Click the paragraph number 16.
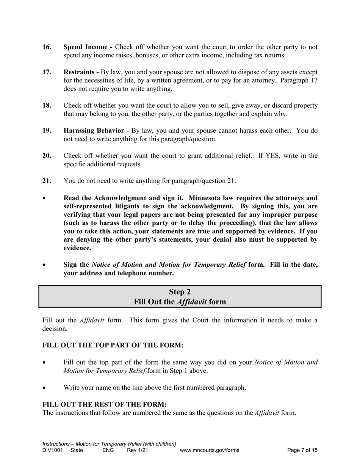[x=47, y=47]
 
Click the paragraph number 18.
[x=47, y=106]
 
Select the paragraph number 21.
[x=47, y=181]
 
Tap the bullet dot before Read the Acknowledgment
[x=45, y=199]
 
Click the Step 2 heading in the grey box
[x=180, y=292]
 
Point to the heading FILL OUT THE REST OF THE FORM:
[x=105, y=405]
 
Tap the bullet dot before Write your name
[x=45, y=388]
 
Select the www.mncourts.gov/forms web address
[x=210, y=450]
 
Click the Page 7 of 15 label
[x=302, y=450]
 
